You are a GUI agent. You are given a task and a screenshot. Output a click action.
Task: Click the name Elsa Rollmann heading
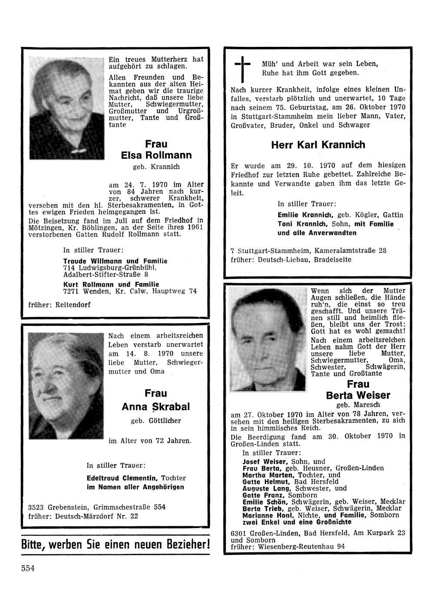[x=156, y=155]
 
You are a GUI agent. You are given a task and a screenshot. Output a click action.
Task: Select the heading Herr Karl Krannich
[x=318, y=145]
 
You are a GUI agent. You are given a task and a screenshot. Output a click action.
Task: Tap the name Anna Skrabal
[x=156, y=407]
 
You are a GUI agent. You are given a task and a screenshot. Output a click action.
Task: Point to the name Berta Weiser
[x=358, y=395]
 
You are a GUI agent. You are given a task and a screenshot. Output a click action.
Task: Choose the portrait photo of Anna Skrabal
[x=66, y=386]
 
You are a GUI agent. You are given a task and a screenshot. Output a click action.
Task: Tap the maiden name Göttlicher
[x=164, y=421]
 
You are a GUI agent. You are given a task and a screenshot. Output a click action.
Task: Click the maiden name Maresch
[x=358, y=405]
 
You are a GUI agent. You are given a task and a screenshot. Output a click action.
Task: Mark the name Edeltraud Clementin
[x=123, y=478]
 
